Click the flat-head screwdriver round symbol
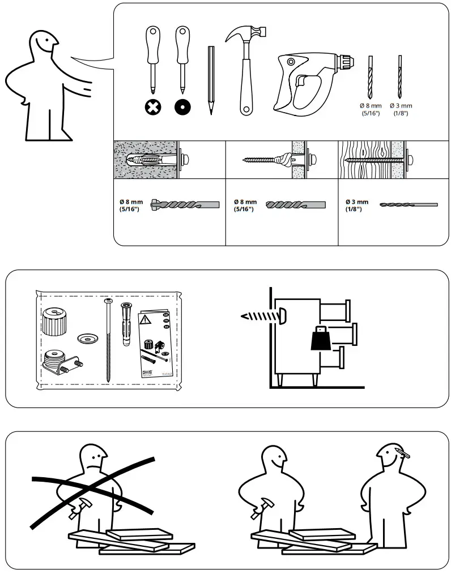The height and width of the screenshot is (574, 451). pyautogui.click(x=182, y=106)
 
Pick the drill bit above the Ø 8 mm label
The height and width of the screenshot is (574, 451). pyautogui.click(x=371, y=76)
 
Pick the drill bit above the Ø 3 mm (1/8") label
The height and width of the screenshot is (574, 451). pyautogui.click(x=401, y=76)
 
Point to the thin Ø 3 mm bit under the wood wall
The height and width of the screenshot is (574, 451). pyautogui.click(x=408, y=204)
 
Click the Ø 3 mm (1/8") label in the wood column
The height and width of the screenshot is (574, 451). pyautogui.click(x=357, y=205)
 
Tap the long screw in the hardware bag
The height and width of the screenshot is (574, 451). pyautogui.click(x=108, y=340)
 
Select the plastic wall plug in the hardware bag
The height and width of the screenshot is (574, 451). pyautogui.click(x=126, y=326)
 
